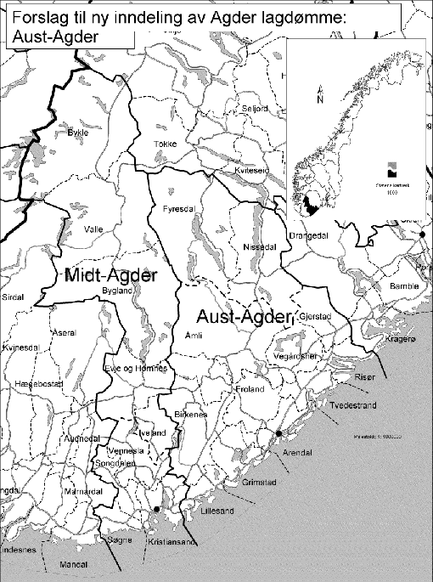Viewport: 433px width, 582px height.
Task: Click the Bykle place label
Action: [77, 133]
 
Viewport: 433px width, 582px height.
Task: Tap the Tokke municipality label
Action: [165, 144]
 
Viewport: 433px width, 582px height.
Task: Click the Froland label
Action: [250, 389]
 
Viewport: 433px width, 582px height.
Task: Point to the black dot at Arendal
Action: [278, 434]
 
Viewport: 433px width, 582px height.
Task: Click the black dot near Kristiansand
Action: [156, 510]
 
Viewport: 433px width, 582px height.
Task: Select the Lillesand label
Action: [216, 512]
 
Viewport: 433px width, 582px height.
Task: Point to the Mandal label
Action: [55, 563]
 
